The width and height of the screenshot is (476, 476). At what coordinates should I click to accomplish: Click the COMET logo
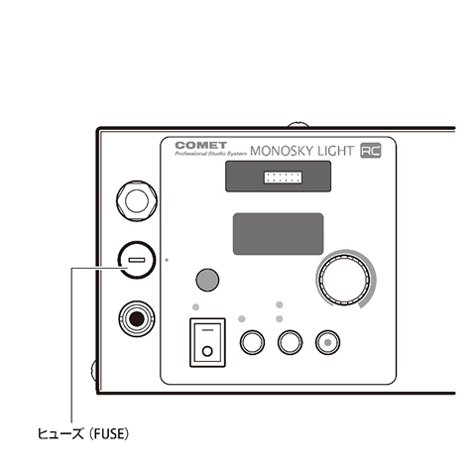(x=200, y=145)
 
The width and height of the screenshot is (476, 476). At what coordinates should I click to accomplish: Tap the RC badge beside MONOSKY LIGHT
(x=371, y=151)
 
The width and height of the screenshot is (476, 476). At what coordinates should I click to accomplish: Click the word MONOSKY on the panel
(x=282, y=151)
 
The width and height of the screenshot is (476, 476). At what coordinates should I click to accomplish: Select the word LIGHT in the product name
(x=335, y=151)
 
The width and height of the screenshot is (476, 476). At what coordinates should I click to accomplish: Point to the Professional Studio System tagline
(x=211, y=154)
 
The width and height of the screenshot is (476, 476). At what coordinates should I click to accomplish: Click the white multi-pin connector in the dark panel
(x=283, y=178)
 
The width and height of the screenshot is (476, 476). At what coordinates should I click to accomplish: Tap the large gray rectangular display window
(x=279, y=234)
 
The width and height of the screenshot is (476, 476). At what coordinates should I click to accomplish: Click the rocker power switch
(x=207, y=342)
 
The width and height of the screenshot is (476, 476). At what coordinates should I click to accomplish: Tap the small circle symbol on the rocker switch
(x=207, y=351)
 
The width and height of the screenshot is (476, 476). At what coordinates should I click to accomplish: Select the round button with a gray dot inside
(x=327, y=342)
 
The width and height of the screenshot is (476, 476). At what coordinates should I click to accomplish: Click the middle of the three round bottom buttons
(x=290, y=342)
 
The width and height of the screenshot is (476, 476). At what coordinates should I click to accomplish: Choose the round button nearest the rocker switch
(x=252, y=342)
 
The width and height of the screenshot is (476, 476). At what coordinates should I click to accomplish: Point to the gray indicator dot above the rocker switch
(x=195, y=307)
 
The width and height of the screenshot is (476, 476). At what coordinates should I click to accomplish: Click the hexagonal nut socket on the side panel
(x=137, y=200)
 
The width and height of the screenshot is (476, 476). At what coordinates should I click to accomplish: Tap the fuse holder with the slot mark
(x=137, y=260)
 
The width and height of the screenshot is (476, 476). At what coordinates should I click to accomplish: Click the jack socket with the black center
(x=137, y=318)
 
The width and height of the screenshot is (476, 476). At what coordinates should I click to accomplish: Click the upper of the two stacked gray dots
(x=280, y=304)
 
